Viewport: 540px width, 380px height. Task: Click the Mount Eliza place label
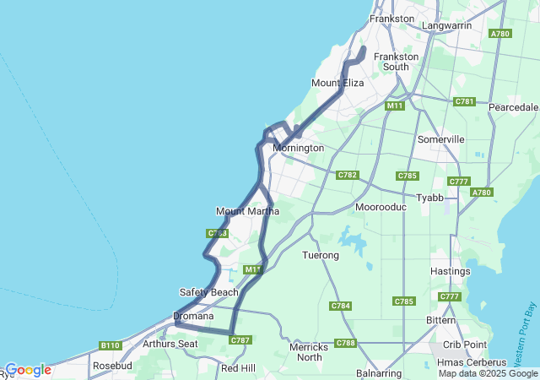(337, 83)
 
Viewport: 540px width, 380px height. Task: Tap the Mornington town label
(298, 148)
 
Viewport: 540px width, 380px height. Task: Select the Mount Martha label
(247, 211)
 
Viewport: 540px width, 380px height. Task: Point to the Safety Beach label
(209, 292)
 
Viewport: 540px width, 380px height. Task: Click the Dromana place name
(194, 317)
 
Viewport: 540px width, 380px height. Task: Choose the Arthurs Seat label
(170, 344)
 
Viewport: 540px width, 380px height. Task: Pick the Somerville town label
(440, 138)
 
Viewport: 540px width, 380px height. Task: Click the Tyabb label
(429, 198)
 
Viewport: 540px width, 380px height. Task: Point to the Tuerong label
(321, 254)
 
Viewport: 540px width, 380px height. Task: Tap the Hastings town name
(450, 271)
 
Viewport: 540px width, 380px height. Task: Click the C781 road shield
(464, 101)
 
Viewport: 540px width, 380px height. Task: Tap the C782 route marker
(347, 175)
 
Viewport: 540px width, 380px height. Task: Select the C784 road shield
(341, 305)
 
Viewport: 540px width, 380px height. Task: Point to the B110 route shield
(110, 345)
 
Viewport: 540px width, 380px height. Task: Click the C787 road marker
(240, 340)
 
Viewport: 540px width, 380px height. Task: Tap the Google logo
(28, 370)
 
